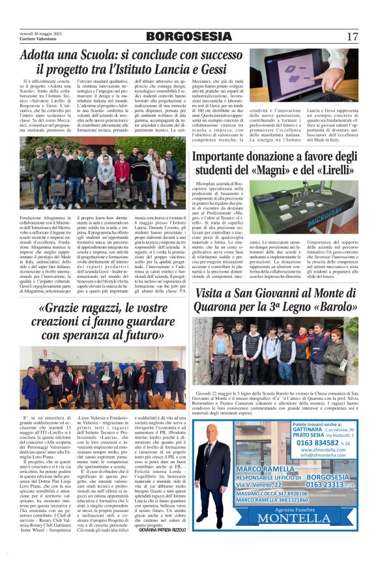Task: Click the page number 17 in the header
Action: (x=353, y=37)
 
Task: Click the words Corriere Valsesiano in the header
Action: (x=37, y=40)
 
